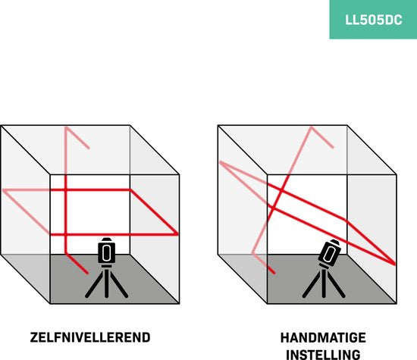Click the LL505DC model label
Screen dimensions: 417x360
pyautogui.click(x=373, y=20)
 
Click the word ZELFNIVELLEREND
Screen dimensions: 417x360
pyautogui.click(x=90, y=337)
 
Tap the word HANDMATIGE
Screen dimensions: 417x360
pyautogui.click(x=323, y=338)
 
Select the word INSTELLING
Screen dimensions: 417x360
pyautogui.click(x=323, y=355)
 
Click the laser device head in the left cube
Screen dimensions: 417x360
pyautogui.click(x=107, y=251)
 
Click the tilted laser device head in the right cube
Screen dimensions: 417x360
pyautogui.click(x=330, y=252)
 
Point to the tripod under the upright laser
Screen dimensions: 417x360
pyautogui.click(x=107, y=282)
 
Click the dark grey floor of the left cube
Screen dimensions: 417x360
pyautogui.click(x=114, y=279)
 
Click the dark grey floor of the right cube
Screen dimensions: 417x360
pyautogui.click(x=331, y=279)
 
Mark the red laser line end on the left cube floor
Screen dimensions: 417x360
pyautogui.click(x=87, y=273)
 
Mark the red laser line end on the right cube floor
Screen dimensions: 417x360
pyautogui.click(x=274, y=273)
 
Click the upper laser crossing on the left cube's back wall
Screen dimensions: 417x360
pyautogui.click(x=66, y=189)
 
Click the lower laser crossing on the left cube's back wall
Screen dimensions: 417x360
pyautogui.click(x=66, y=234)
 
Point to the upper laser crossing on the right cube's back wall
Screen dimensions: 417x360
pyautogui.click(x=281, y=190)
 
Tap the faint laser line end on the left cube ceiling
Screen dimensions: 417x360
pyautogui.click(x=89, y=148)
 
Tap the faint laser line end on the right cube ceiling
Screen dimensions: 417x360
pyautogui.click(x=333, y=147)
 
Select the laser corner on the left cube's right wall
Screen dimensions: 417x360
pyautogui.click(x=177, y=234)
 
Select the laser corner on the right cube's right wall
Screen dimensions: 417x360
pyautogui.click(x=395, y=264)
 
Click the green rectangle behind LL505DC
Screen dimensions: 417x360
pyautogui.click(x=373, y=20)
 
